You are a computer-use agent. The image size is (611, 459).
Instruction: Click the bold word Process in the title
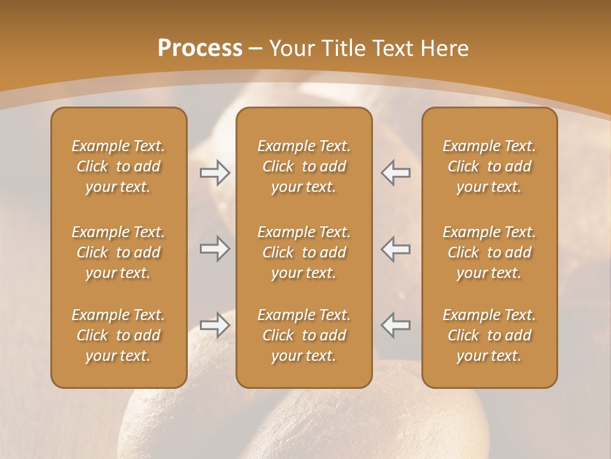pos(200,48)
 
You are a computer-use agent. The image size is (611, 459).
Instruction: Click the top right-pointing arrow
pos(215,173)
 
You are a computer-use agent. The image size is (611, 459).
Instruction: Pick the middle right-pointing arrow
pos(215,249)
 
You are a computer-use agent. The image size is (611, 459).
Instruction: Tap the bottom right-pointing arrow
pos(215,326)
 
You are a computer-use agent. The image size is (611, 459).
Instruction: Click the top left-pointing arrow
pos(395,173)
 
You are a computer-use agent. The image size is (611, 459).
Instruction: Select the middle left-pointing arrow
pos(395,249)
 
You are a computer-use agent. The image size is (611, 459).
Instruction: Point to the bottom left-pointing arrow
pos(395,326)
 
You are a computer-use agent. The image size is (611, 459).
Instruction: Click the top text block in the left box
pos(118,166)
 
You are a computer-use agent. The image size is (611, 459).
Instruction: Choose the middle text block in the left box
pos(118,252)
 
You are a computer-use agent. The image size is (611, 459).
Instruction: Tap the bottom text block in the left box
pos(118,335)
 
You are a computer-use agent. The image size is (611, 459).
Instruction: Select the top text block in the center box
pos(304,166)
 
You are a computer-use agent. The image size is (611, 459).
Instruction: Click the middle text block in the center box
pos(304,252)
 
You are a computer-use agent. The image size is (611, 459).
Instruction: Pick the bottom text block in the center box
pos(304,335)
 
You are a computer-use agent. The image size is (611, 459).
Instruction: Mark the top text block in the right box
pos(489,166)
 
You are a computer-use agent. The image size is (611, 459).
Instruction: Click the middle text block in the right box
pos(489,252)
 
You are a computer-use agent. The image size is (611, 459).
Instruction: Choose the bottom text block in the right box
pos(489,335)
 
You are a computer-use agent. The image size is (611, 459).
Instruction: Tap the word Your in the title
pos(290,48)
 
